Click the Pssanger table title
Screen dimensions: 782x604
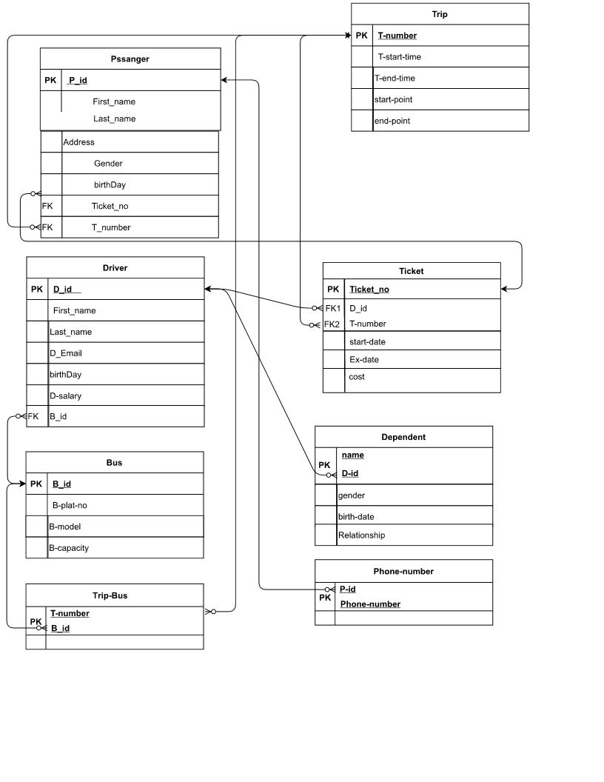coord(130,59)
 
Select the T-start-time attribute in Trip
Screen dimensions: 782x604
coord(399,56)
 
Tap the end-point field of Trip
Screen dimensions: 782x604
coord(392,121)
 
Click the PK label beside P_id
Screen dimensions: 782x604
coord(48,80)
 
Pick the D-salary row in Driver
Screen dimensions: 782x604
coord(66,395)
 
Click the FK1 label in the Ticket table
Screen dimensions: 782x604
coord(332,308)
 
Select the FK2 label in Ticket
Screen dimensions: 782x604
coord(332,324)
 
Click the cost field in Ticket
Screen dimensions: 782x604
coord(357,377)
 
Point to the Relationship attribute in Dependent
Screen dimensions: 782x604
coord(361,535)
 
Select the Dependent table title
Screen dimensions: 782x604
coord(403,437)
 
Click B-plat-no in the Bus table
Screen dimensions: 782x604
coord(70,505)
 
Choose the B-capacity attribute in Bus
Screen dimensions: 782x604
coord(69,548)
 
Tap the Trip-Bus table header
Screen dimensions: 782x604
coord(115,595)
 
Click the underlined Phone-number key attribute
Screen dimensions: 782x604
coord(370,604)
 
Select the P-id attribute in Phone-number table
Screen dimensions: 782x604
coord(348,589)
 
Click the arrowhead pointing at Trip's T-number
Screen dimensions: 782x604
coord(347,36)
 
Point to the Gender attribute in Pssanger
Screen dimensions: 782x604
coord(108,163)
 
